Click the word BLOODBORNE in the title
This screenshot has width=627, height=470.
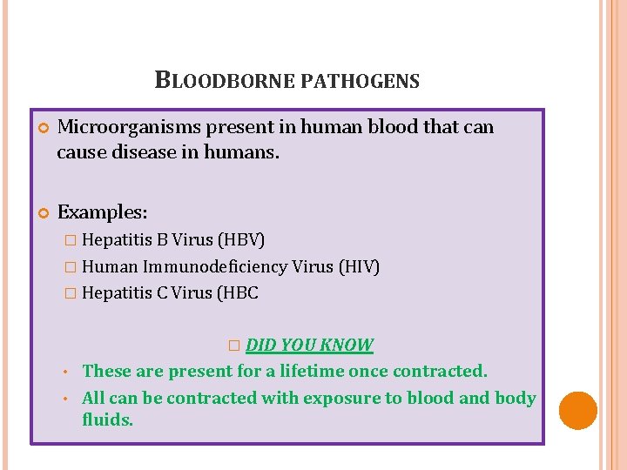pos(224,82)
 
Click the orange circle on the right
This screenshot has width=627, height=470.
pos(577,410)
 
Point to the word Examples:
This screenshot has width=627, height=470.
pos(102,211)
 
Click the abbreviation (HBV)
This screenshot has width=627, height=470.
pos(241,239)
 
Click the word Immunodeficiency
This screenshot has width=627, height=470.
pos(216,266)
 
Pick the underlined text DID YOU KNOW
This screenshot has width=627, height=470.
pos(309,345)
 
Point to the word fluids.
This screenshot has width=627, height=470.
pos(108,420)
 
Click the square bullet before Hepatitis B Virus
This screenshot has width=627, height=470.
pos(71,240)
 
